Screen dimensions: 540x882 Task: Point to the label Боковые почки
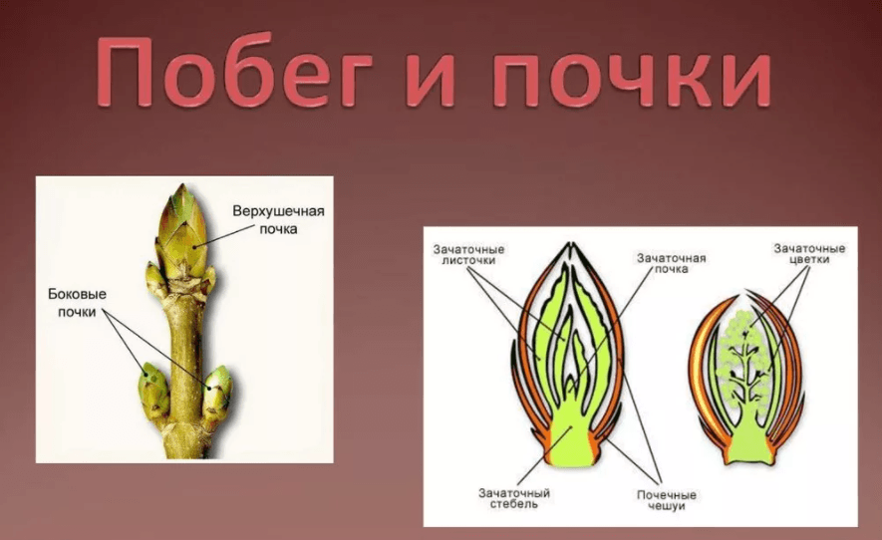point(77,303)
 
